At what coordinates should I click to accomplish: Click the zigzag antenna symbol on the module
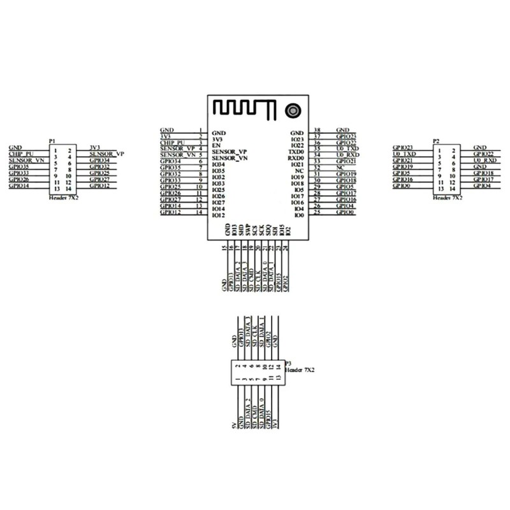point(242,108)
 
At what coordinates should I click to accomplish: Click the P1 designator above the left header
point(52,141)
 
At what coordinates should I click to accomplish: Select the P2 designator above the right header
point(436,141)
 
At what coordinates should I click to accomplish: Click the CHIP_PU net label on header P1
point(20,154)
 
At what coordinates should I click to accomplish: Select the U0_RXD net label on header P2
point(485,160)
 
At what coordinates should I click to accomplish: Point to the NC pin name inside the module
point(299,171)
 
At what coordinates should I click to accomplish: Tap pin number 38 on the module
point(317,130)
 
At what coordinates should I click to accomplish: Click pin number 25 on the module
point(317,212)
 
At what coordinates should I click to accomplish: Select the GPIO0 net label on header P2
point(402,186)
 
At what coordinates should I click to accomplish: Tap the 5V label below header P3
point(233,424)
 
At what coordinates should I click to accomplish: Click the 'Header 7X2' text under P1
point(61,198)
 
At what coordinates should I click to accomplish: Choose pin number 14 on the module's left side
point(200,212)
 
